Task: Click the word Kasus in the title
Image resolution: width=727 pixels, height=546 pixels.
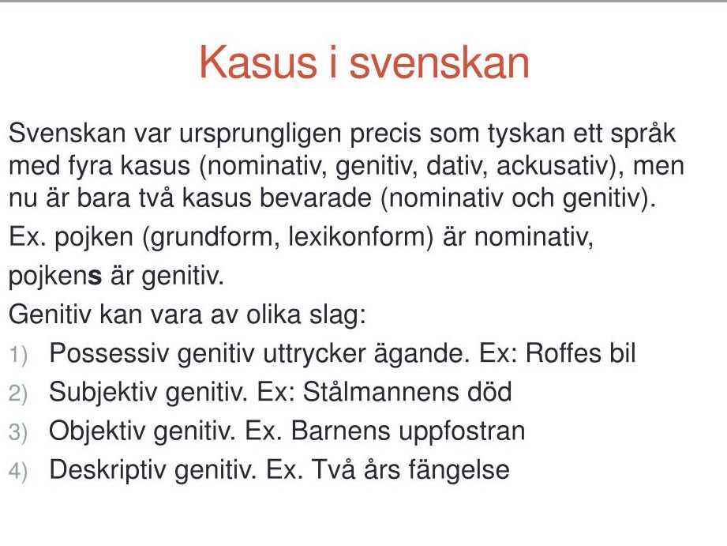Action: click(x=258, y=62)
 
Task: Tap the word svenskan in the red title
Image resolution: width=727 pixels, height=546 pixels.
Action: click(x=439, y=62)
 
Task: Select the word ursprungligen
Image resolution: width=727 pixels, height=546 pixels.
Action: click(x=260, y=134)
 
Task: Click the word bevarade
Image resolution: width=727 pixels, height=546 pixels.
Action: click(x=315, y=198)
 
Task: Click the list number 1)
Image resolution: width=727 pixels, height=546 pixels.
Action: click(x=18, y=356)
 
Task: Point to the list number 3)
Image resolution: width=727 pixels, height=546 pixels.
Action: click(x=18, y=433)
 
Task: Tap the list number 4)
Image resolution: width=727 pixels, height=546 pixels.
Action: click(x=18, y=472)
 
